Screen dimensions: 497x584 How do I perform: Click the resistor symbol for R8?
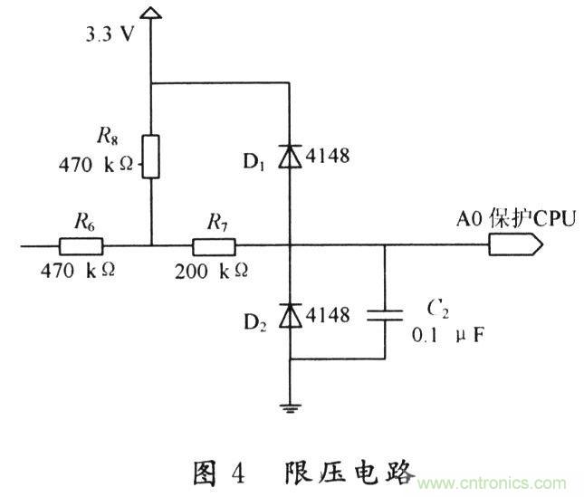click(x=152, y=156)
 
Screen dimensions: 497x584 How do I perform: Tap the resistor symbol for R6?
click(x=81, y=244)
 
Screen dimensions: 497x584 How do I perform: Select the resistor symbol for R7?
click(x=214, y=244)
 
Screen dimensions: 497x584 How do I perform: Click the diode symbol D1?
click(x=290, y=157)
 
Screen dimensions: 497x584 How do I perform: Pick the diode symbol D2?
click(x=290, y=315)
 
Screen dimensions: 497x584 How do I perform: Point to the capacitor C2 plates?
click(x=386, y=315)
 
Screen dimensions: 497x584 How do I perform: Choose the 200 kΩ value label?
click(x=214, y=270)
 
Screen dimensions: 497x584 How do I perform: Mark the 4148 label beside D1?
click(x=328, y=157)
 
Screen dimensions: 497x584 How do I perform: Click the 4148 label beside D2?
click(x=328, y=315)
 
